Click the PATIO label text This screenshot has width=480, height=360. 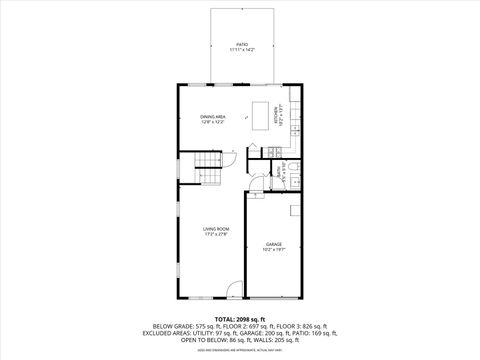click(x=242, y=45)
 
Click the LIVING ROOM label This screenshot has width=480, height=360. click(x=217, y=230)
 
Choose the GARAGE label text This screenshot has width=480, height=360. click(x=274, y=244)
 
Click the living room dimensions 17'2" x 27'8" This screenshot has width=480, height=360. click(x=217, y=236)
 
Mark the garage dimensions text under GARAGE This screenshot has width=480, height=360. click(x=274, y=250)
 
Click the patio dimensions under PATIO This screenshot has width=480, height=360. click(x=242, y=50)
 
